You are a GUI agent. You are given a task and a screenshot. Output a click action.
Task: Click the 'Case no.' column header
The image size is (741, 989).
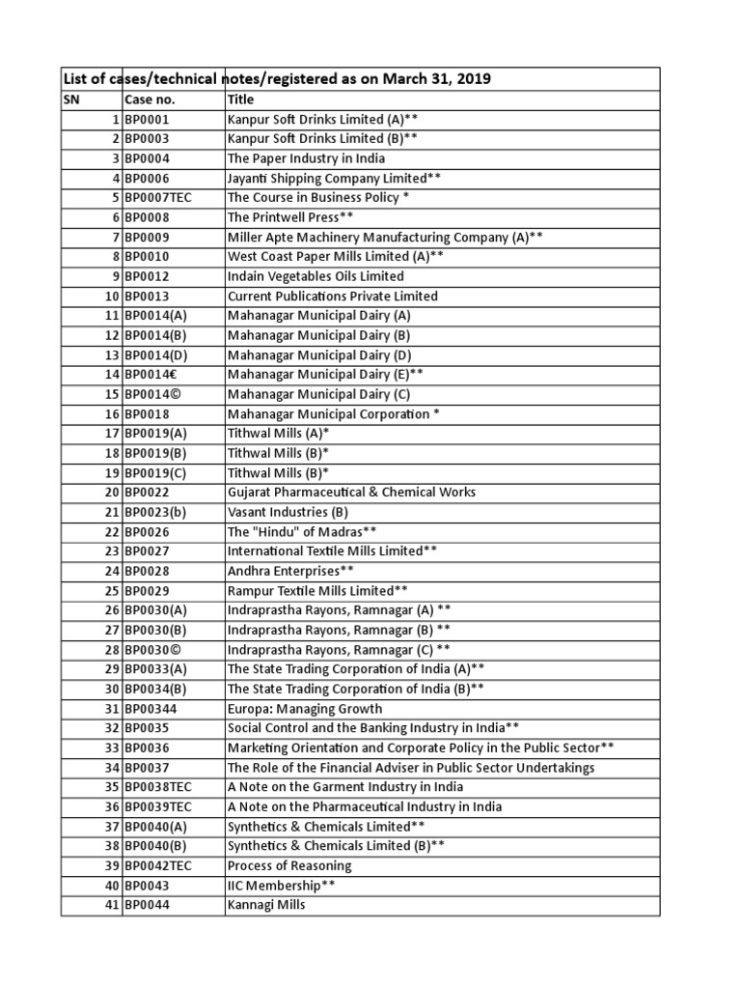(x=150, y=99)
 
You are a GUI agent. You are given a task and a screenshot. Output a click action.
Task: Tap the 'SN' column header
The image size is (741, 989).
(x=72, y=99)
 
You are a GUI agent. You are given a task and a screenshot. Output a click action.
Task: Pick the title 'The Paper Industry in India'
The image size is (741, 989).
(x=306, y=158)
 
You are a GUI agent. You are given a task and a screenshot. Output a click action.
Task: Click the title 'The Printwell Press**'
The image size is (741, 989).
(x=290, y=217)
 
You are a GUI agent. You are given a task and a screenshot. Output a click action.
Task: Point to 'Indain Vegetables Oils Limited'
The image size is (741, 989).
(x=316, y=276)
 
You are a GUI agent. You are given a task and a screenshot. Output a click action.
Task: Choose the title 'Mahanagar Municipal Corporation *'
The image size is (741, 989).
(x=334, y=414)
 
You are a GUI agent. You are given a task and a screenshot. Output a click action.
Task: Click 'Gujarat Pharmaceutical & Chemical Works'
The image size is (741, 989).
(x=351, y=493)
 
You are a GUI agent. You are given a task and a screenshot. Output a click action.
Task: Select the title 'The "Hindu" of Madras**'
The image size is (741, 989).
(x=302, y=532)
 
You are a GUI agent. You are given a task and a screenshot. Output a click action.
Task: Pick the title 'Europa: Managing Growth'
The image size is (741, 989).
(x=305, y=709)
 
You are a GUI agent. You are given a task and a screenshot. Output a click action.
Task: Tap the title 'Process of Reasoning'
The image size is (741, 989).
(x=289, y=865)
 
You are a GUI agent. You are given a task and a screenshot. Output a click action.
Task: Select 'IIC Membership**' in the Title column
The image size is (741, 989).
(x=281, y=886)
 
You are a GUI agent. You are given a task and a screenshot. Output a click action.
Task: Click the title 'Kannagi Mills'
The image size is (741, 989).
(x=266, y=905)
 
